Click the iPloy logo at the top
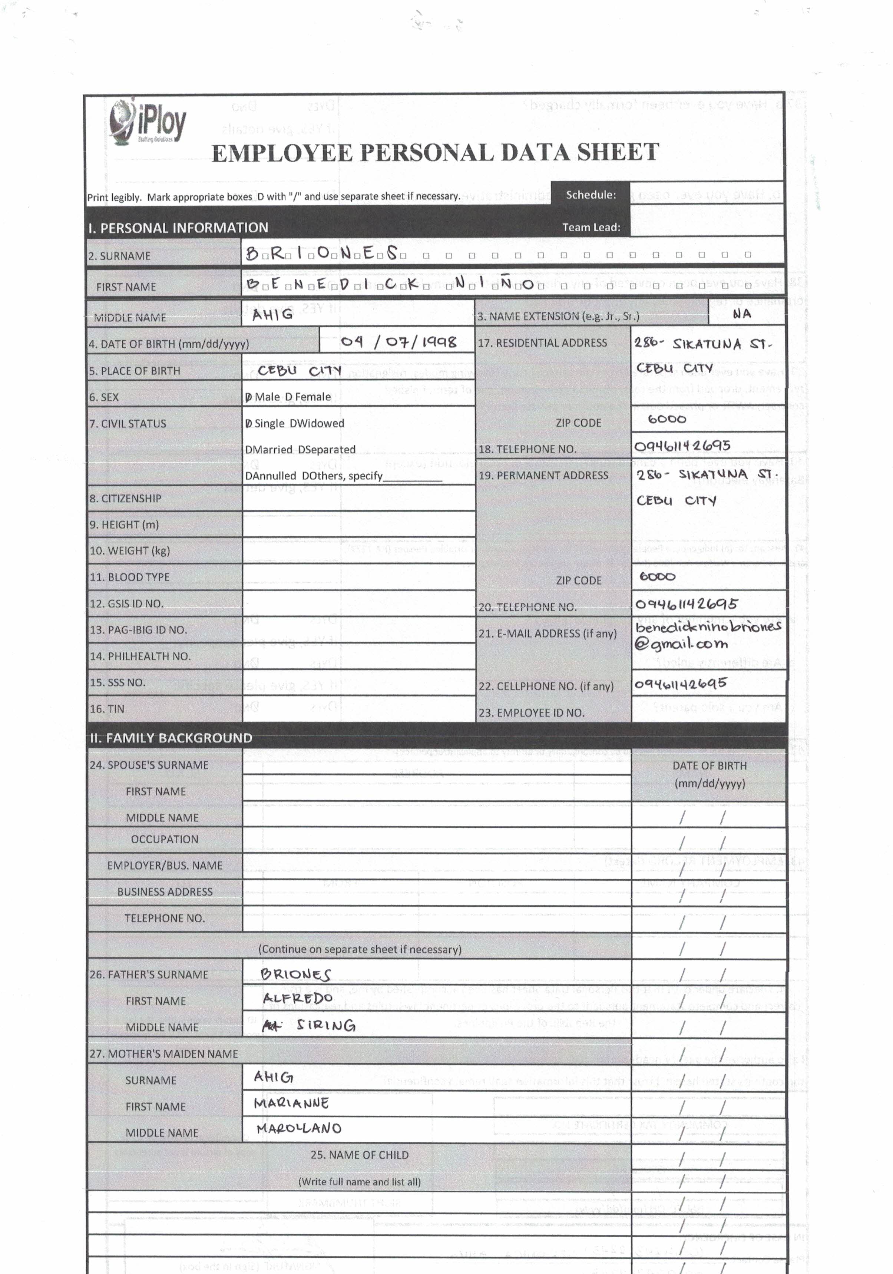point(148,122)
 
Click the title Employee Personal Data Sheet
point(435,153)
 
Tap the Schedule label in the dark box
point(591,195)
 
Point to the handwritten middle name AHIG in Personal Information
point(272,315)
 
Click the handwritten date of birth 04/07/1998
point(398,342)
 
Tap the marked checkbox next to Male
point(249,397)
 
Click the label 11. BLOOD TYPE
point(129,577)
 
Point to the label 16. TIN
point(107,709)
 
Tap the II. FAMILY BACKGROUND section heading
point(171,738)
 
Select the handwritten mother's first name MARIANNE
point(291,1103)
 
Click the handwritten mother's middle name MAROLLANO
point(298,1128)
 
